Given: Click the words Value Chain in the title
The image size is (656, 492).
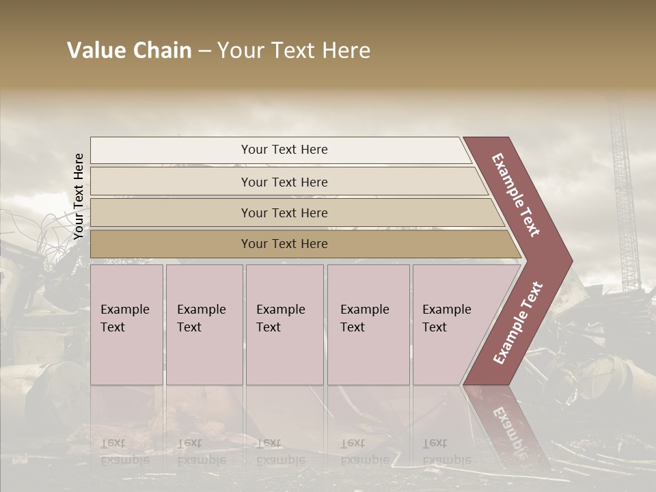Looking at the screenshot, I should tap(129, 51).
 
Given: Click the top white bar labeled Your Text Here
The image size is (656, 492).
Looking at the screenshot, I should tap(284, 150).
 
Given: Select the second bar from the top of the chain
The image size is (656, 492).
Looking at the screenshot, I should tap(284, 182).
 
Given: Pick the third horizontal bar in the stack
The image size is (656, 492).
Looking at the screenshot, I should tap(284, 213).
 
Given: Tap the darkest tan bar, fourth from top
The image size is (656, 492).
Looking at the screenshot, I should tap(284, 244).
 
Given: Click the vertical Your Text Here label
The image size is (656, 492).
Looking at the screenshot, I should tap(79, 196).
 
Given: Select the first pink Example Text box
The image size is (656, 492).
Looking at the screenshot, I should tap(126, 325).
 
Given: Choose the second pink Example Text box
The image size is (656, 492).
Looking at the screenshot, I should tap(204, 325).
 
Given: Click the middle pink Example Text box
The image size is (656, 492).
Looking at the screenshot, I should tap(284, 325).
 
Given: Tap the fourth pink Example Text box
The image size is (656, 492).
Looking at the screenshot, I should tap(368, 325).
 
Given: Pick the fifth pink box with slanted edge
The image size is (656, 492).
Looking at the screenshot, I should tap(451, 325).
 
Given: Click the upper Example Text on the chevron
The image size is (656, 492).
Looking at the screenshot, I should tap(517, 194).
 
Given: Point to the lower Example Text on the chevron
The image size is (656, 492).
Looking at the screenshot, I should tap(518, 323).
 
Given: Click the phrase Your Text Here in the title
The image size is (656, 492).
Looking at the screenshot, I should tap(294, 51).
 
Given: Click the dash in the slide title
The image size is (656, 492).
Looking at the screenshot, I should tap(204, 51).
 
